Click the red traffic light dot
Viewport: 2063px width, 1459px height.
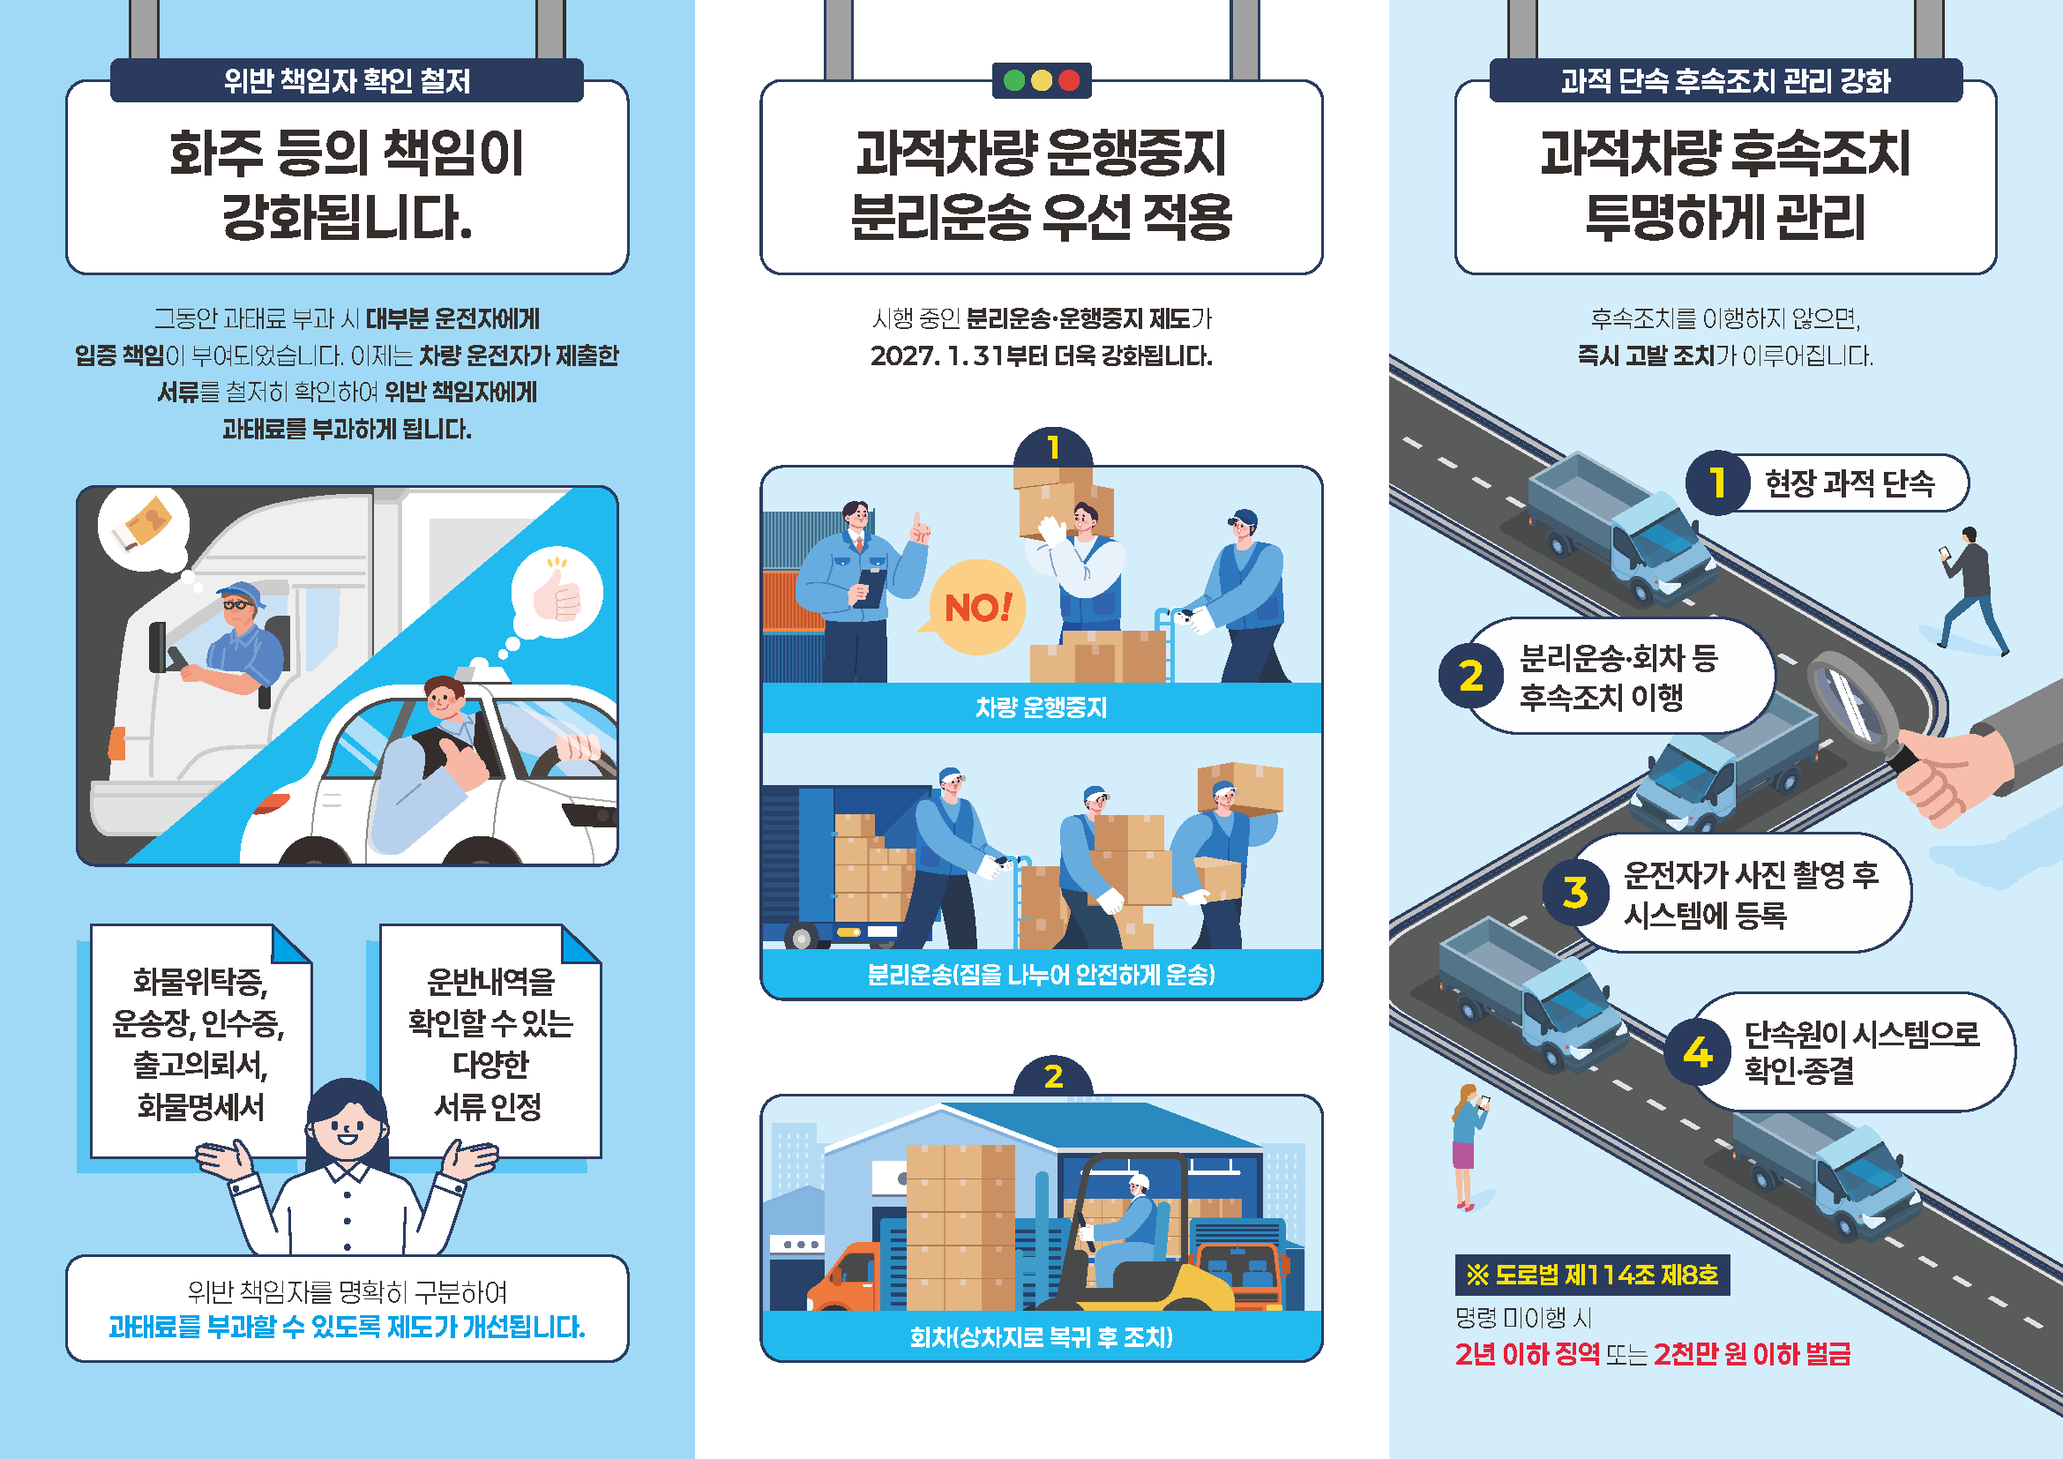pos(1068,81)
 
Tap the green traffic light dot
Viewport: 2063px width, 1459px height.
pos(1014,81)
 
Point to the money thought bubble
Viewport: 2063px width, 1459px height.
pos(144,530)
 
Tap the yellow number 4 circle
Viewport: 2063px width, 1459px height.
pos(1697,1052)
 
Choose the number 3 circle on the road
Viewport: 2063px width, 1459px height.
pos(1576,892)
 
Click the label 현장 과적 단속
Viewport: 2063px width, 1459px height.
pos(1850,483)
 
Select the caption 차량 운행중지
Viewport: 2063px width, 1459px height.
pos(1042,708)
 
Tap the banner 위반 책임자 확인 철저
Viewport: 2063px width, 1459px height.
pos(347,81)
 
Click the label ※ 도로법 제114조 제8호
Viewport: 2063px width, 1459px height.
pos(1592,1275)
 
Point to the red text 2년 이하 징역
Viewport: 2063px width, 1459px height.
pos(1528,1354)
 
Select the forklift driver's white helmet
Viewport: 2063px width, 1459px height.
pos(1139,1182)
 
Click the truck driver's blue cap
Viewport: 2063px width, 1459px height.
pos(241,593)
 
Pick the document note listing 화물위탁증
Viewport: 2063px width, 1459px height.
pos(199,1042)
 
